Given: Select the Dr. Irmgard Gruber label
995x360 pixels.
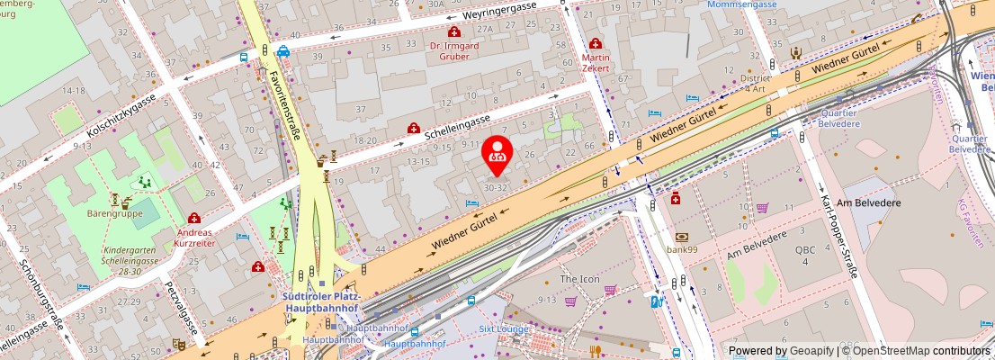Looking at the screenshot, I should [x=454, y=49].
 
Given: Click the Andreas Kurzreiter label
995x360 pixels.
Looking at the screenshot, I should [x=194, y=238].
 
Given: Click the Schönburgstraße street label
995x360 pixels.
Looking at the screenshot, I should [x=41, y=297].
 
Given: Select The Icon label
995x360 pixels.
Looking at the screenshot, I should [x=579, y=279].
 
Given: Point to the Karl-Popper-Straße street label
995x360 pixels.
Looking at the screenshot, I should [x=836, y=233].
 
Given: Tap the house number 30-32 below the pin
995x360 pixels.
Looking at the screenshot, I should [x=496, y=188].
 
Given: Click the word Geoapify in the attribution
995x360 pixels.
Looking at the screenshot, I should [x=811, y=350].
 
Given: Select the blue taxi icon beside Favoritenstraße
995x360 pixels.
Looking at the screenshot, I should [x=283, y=51].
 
